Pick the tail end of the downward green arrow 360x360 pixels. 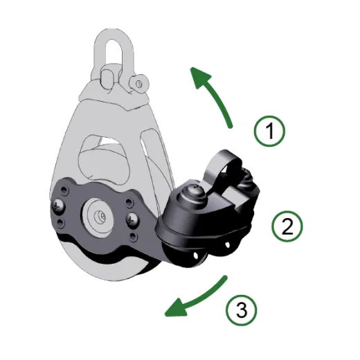pyautogui.click(x=226, y=277)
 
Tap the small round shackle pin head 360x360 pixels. pyautogui.click(x=140, y=84)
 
